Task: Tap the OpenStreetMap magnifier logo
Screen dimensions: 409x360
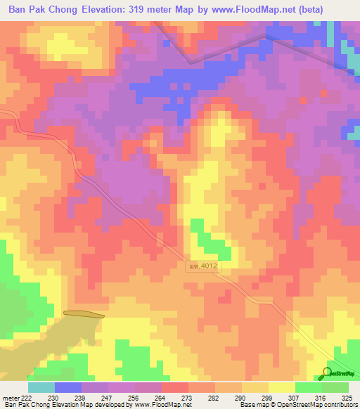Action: pyautogui.click(x=327, y=372)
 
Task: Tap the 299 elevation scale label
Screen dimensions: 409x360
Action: pyautogui.click(x=267, y=398)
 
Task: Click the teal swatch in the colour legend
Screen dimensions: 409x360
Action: pyautogui.click(x=41, y=387)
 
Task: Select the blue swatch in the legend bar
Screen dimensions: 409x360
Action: pyautogui.click(x=67, y=387)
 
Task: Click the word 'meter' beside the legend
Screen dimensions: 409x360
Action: pyautogui.click(x=11, y=398)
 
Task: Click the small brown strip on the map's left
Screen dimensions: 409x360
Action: pyautogui.click(x=84, y=314)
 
